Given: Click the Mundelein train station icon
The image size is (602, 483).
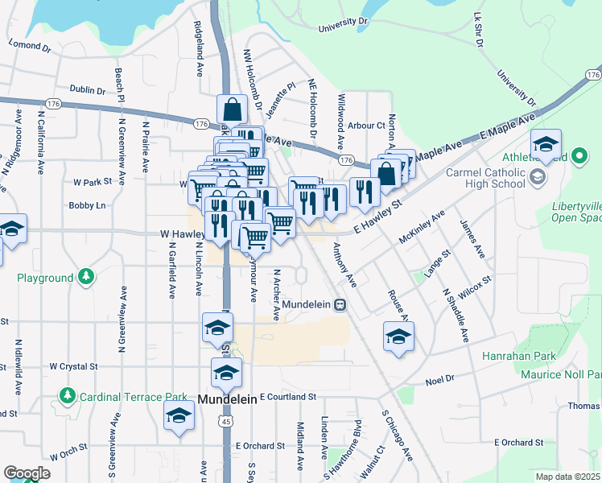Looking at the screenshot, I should tap(341, 305).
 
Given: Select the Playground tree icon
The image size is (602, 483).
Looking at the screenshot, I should tap(85, 278).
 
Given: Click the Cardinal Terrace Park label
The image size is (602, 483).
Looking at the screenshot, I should tap(125, 397).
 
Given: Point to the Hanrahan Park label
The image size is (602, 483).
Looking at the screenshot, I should tap(534, 355).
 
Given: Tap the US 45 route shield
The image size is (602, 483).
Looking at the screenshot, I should tap(225, 420).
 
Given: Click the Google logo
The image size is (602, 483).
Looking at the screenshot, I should tap(27, 473).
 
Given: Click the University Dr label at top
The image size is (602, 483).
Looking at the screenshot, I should tap(343, 25).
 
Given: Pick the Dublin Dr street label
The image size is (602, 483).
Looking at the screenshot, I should tap(87, 91).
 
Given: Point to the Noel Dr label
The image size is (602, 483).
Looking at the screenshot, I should tap(439, 378).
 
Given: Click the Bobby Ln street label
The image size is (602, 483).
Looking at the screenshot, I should tap(87, 205).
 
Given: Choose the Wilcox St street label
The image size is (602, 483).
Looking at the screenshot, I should tap(474, 287).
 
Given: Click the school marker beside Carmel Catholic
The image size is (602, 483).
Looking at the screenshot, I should tap(546, 146).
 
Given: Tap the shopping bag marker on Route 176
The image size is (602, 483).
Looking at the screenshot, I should tap(232, 109).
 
